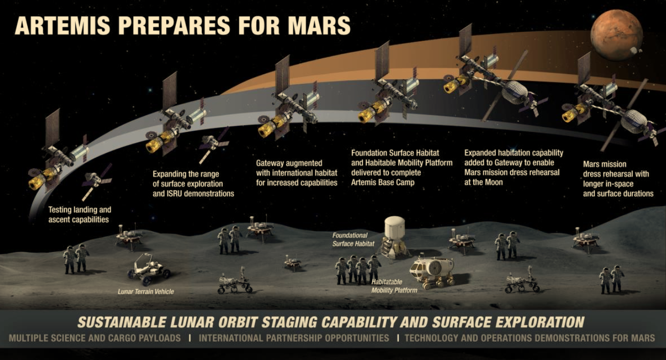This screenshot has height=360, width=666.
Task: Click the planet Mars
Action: click(x=616, y=35)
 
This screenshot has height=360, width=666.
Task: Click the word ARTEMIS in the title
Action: click(x=62, y=26)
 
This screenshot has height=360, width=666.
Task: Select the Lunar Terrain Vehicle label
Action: click(x=146, y=291)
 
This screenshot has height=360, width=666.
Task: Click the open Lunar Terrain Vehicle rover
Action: click(x=149, y=269)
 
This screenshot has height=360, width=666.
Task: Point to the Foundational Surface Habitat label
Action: click(x=353, y=239)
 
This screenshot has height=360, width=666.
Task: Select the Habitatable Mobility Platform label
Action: click(x=394, y=286)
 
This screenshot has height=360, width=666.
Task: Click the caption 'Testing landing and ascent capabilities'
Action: click(x=80, y=214)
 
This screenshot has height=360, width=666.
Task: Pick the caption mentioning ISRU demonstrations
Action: click(x=193, y=184)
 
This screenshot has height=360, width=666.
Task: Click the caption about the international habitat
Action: click(x=297, y=172)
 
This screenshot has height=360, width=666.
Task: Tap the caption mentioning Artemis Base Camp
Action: click(x=402, y=168)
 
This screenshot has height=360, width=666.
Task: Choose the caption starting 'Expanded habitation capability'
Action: click(x=514, y=168)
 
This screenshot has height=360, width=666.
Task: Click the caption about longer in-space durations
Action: click(x=618, y=179)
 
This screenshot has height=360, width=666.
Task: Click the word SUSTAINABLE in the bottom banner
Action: click(x=122, y=322)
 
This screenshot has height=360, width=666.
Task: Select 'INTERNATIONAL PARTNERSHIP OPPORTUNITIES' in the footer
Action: click(x=294, y=339)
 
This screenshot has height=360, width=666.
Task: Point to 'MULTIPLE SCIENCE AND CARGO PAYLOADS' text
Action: click(x=95, y=339)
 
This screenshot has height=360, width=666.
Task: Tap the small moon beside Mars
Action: click(x=635, y=51)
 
